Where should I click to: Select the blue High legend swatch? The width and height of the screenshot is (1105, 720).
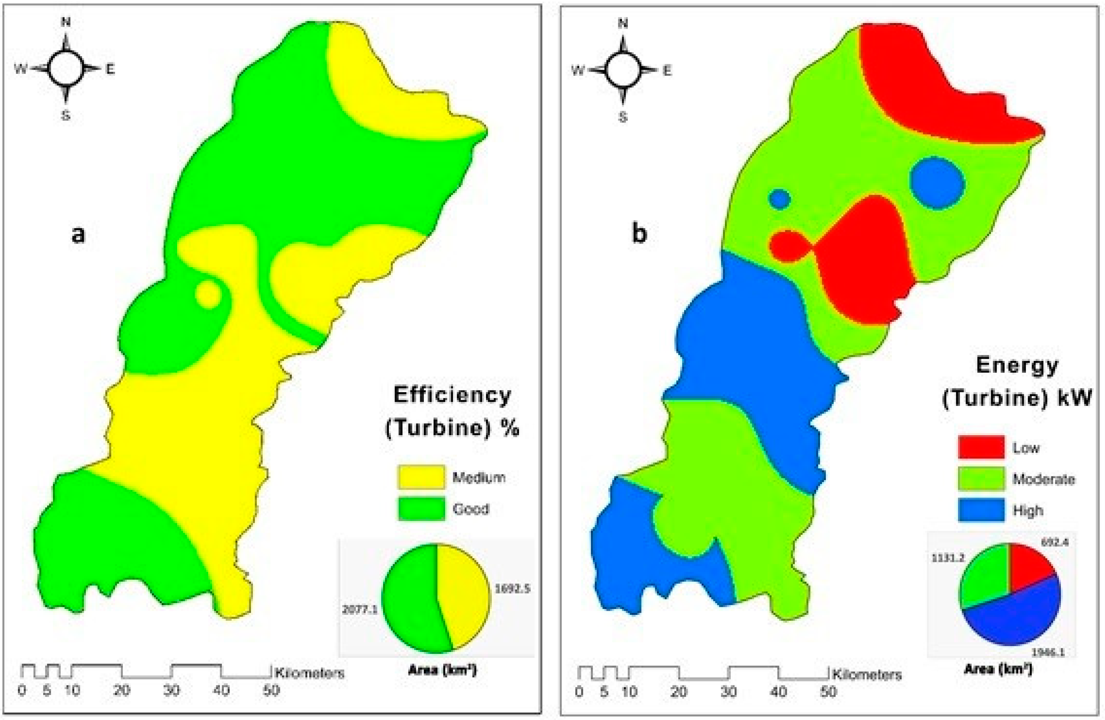pyautogui.click(x=981, y=511)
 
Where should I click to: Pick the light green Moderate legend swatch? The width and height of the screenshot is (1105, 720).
pyautogui.click(x=981, y=479)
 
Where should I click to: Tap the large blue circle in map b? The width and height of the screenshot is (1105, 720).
pyautogui.click(x=937, y=183)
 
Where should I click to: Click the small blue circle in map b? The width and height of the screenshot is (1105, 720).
pyautogui.click(x=780, y=199)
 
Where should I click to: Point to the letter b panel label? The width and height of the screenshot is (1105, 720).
pyautogui.click(x=639, y=233)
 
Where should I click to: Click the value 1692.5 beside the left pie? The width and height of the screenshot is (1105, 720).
pyautogui.click(x=512, y=589)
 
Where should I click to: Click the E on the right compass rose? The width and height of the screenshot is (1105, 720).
pyautogui.click(x=667, y=71)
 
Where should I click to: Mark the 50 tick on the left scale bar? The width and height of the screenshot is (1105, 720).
pyautogui.click(x=272, y=691)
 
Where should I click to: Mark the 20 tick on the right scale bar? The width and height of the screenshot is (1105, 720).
pyautogui.click(x=679, y=692)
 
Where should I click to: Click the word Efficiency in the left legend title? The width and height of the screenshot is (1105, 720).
pyautogui.click(x=452, y=395)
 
